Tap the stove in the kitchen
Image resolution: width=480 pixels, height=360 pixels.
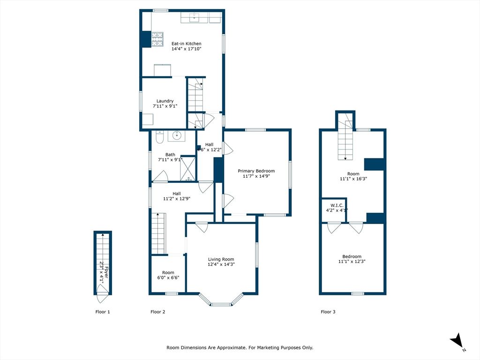click(x=157, y=39)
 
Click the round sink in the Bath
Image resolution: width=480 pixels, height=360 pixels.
click(x=177, y=136)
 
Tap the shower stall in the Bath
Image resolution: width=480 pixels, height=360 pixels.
click(x=188, y=169)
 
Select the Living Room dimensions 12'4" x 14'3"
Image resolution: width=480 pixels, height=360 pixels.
click(x=221, y=264)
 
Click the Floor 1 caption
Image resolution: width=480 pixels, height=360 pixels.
click(x=103, y=312)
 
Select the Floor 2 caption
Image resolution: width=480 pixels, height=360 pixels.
click(x=157, y=312)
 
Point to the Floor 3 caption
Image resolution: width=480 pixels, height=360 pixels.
click(x=328, y=312)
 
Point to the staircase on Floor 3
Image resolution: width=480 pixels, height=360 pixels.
click(x=345, y=140)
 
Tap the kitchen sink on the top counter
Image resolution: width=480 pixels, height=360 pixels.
click(x=194, y=18)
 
